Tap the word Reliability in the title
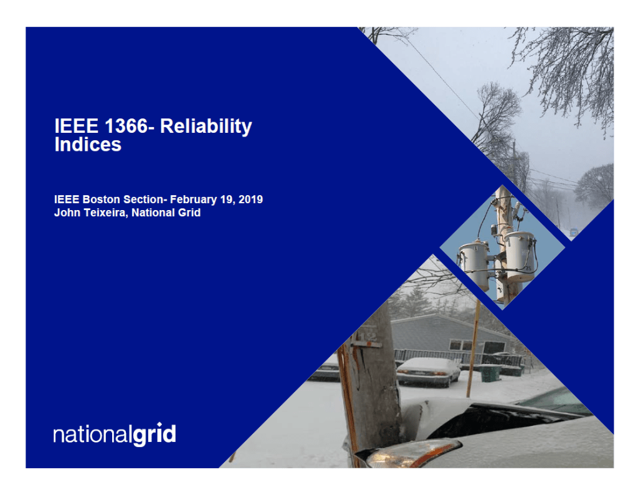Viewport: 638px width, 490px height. tap(206, 127)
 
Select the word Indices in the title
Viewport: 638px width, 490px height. tap(87, 145)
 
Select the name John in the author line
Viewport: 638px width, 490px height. tap(66, 213)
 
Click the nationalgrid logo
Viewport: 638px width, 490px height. tap(114, 434)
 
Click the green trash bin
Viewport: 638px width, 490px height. tap(490, 373)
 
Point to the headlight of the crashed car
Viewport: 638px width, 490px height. tap(411, 453)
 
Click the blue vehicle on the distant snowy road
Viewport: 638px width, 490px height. tap(573, 232)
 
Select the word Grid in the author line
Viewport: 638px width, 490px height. tap(188, 213)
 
